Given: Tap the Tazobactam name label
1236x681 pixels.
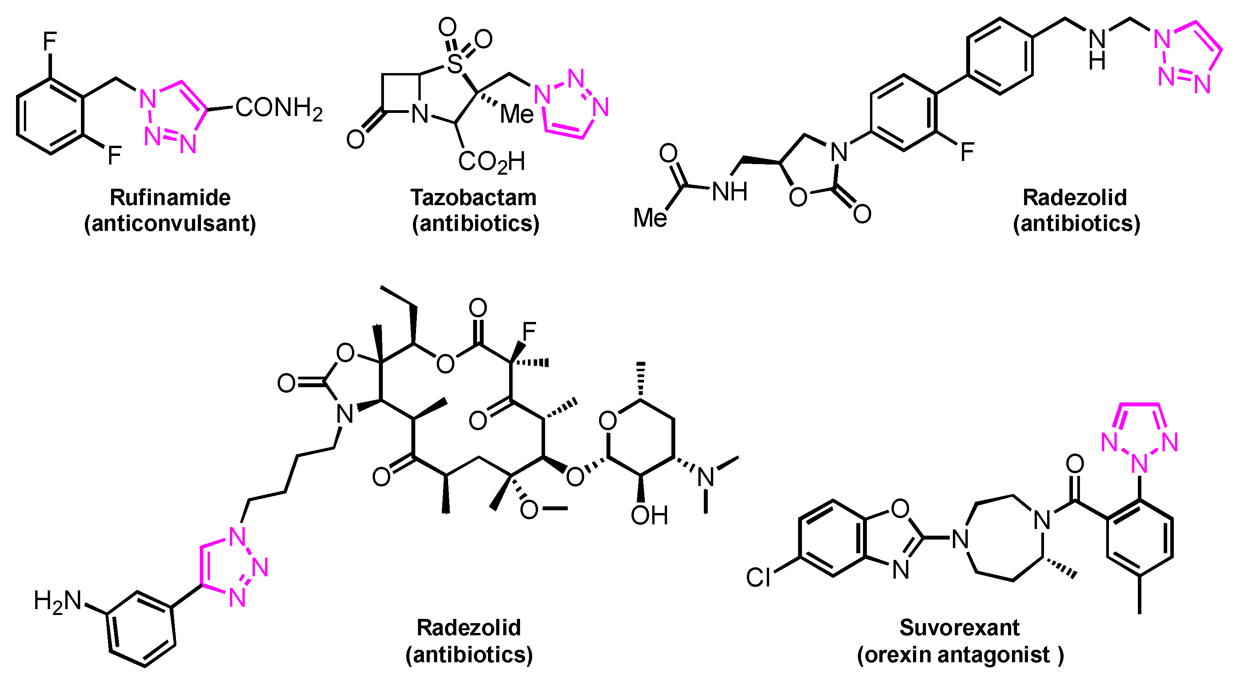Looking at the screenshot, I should click(473, 198).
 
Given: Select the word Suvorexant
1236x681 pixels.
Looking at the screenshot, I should click(960, 627).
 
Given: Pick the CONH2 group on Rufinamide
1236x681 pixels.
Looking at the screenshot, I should click(278, 108).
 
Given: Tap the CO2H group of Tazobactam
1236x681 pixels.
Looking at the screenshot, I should click(492, 162).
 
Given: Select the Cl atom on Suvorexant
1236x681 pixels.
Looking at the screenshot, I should click(758, 577).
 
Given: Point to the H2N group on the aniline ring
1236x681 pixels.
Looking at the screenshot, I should click(57, 601).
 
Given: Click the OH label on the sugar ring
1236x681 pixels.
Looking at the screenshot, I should click(649, 516).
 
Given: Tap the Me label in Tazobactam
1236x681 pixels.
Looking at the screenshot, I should click(517, 114).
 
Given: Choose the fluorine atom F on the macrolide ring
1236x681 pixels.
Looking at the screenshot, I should click(529, 331).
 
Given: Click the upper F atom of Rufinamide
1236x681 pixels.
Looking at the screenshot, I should click(50, 41).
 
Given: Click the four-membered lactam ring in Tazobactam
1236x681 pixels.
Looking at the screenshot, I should click(401, 93).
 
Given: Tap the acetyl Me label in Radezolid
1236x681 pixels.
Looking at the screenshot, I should click(650, 218).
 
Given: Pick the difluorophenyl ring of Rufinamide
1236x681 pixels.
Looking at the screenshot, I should click(50, 116).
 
